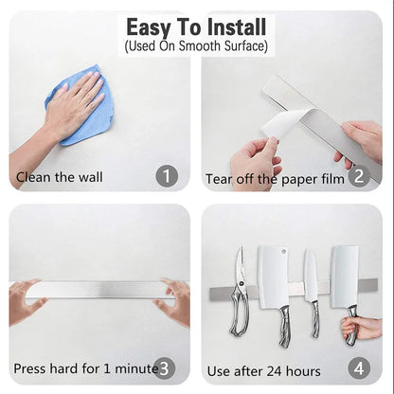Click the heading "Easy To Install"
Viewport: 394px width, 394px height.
197,27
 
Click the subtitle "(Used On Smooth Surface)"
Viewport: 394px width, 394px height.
197,45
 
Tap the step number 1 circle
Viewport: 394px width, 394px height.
167,175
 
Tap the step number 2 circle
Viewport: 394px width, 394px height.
357,175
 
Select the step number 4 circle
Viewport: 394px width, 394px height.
357,367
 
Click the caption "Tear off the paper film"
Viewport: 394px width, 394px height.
273,177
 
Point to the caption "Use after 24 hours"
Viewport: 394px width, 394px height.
263,369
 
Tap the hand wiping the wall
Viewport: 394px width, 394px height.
72,102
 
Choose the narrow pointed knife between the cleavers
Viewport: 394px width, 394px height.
311,284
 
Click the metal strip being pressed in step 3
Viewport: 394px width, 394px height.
99,290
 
